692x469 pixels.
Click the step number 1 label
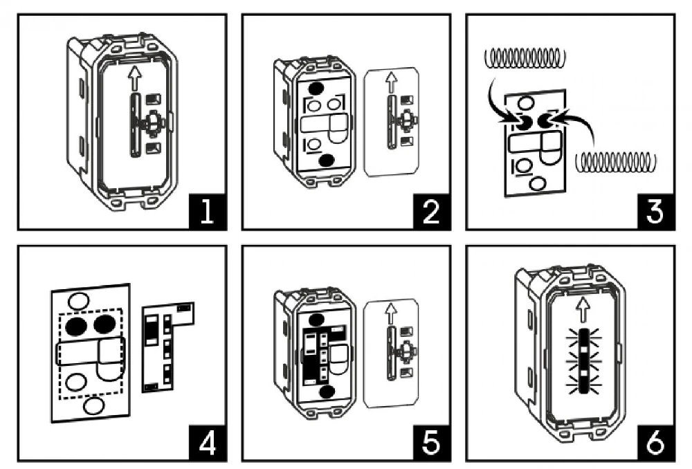(208, 211)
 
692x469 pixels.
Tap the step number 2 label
(432, 211)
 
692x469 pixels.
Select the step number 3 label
(656, 211)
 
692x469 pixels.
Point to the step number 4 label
(208, 443)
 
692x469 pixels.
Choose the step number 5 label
(432, 443)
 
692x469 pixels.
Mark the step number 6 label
(656, 443)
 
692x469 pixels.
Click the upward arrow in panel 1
(135, 78)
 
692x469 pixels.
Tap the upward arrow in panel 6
(584, 310)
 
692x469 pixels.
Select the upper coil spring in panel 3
(525, 58)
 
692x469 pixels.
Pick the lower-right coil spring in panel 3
(616, 163)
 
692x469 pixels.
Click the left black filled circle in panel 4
(76, 325)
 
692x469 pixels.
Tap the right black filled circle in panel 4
(104, 324)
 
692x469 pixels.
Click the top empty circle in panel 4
(79, 302)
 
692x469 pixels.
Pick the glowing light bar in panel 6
(584, 361)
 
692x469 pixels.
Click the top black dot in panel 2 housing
(316, 89)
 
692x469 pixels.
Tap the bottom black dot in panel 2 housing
(327, 160)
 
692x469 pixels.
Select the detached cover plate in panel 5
(390, 354)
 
